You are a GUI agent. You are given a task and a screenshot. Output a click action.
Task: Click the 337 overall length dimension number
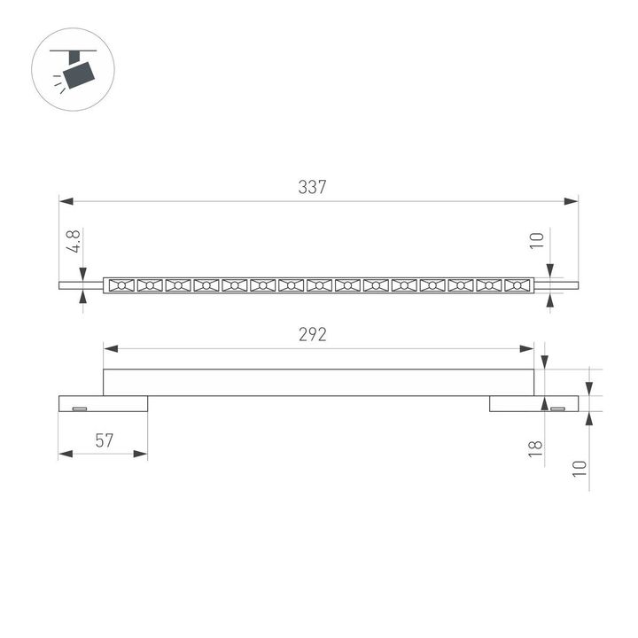313,188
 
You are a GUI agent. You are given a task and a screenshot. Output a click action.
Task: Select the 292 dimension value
313,335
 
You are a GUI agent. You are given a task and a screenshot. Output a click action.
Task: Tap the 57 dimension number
105,440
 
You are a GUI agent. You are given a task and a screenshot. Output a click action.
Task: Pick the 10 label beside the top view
534,240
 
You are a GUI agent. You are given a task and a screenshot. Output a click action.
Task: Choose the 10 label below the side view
580,469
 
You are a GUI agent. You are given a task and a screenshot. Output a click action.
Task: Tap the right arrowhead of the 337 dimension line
572,201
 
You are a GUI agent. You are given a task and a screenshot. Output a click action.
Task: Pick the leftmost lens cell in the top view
121,285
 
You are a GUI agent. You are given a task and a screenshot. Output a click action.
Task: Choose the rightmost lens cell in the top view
517,285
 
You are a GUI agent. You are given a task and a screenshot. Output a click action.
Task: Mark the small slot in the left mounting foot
79,408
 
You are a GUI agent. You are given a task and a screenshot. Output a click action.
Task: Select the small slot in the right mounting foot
558,408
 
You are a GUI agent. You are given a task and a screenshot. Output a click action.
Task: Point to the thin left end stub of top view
81,285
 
